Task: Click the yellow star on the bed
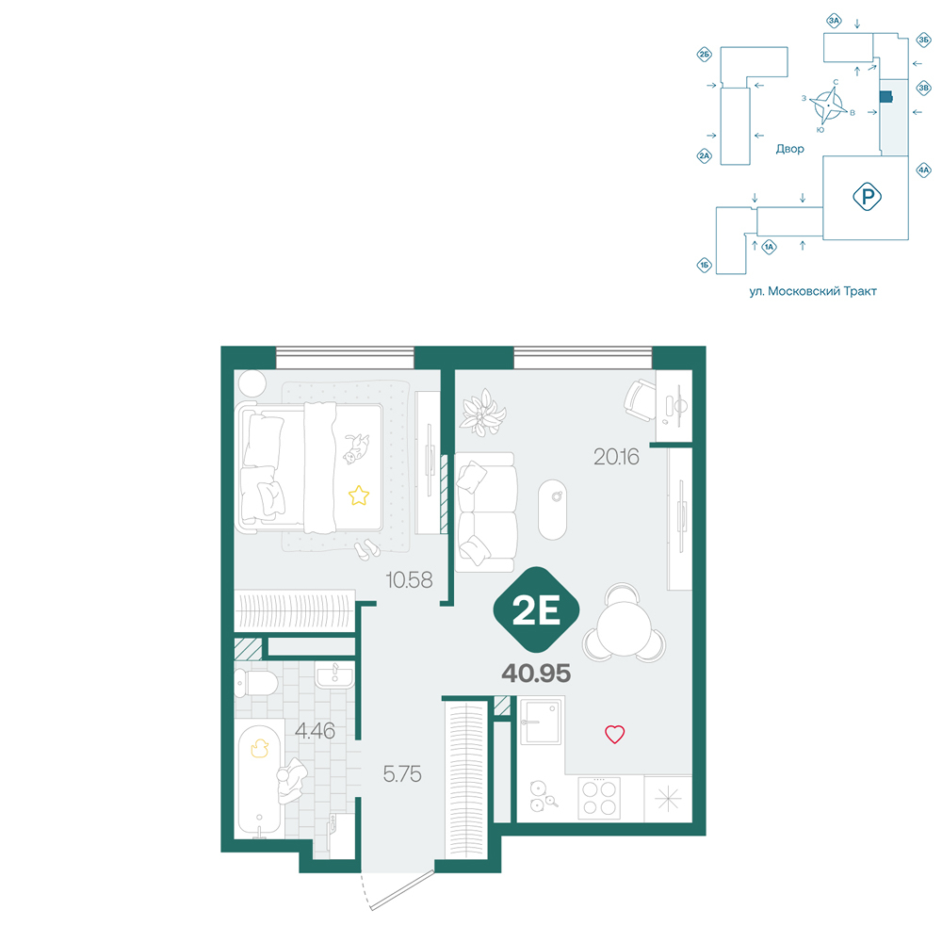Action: click(359, 495)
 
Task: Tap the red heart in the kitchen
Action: click(614, 734)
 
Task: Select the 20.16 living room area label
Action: click(616, 457)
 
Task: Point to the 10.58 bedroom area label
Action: click(409, 580)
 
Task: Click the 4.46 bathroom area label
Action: click(315, 731)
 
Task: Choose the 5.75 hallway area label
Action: click(402, 773)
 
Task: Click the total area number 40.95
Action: click(536, 674)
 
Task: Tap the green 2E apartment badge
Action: click(537, 609)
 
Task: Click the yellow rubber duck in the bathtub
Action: click(260, 748)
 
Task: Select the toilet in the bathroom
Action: click(256, 683)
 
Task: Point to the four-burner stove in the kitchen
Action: click(599, 798)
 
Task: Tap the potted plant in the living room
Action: click(482, 413)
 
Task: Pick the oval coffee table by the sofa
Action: click(553, 510)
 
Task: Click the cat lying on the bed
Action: click(356, 448)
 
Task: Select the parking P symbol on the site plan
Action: click(867, 197)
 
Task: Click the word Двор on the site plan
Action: click(789, 149)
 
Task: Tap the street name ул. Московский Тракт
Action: click(813, 291)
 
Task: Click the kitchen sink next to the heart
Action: click(542, 721)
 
